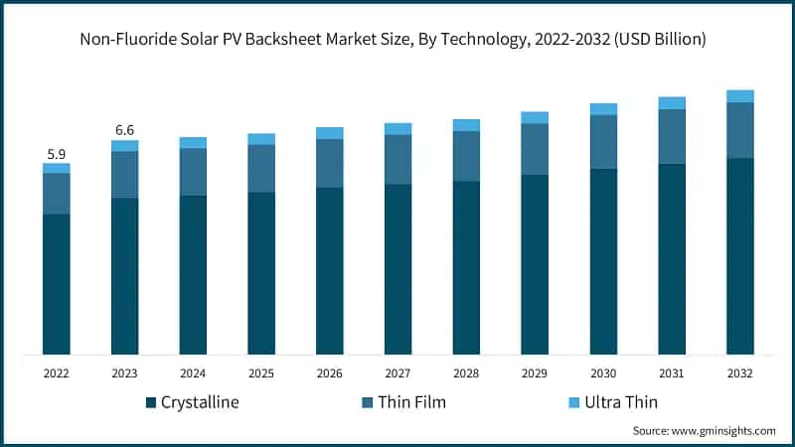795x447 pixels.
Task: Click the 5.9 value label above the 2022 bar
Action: (x=57, y=155)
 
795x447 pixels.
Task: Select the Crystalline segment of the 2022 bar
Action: (x=57, y=284)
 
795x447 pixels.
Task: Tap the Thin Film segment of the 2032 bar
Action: (x=740, y=130)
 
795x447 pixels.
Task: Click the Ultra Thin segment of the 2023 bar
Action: (x=124, y=146)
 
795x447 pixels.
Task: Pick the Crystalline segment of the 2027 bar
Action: (x=398, y=269)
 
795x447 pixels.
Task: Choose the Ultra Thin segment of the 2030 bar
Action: (x=603, y=109)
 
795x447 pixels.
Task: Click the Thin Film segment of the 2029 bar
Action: (x=535, y=149)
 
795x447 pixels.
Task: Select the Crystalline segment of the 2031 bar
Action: (x=672, y=259)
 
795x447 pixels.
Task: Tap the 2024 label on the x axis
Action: (x=193, y=373)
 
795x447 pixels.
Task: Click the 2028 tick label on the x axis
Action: (x=466, y=373)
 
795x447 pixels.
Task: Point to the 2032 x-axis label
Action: (x=740, y=373)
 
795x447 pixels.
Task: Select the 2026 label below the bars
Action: (x=330, y=373)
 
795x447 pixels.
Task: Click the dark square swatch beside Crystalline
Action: (x=151, y=402)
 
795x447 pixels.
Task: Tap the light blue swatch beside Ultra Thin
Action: (x=574, y=402)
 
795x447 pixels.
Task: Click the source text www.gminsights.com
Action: (x=724, y=431)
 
